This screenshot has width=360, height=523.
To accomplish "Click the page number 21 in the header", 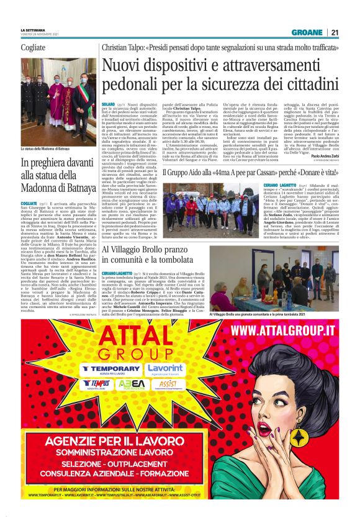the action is point(335,33).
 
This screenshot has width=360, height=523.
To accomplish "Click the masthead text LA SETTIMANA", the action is point(32,30).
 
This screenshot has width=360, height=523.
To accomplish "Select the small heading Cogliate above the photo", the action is point(33,48).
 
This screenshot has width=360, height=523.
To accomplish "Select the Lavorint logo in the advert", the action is point(166,370).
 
